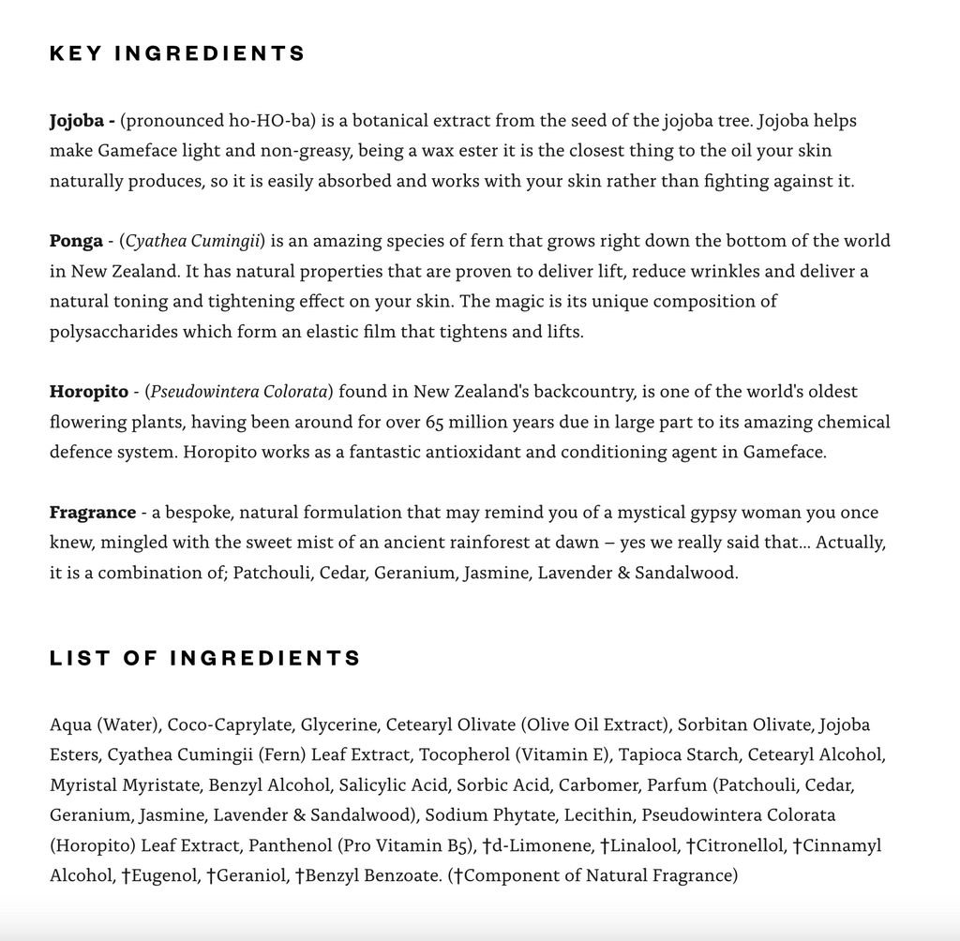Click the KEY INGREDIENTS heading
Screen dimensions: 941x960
click(x=177, y=53)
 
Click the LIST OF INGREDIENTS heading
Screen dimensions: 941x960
click(x=204, y=658)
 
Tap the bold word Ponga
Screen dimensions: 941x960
click(x=76, y=241)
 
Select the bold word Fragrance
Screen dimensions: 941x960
click(x=93, y=513)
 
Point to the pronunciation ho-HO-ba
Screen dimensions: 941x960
click(x=271, y=121)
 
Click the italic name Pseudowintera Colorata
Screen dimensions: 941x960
click(x=239, y=392)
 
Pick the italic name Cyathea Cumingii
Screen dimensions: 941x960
click(x=195, y=241)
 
